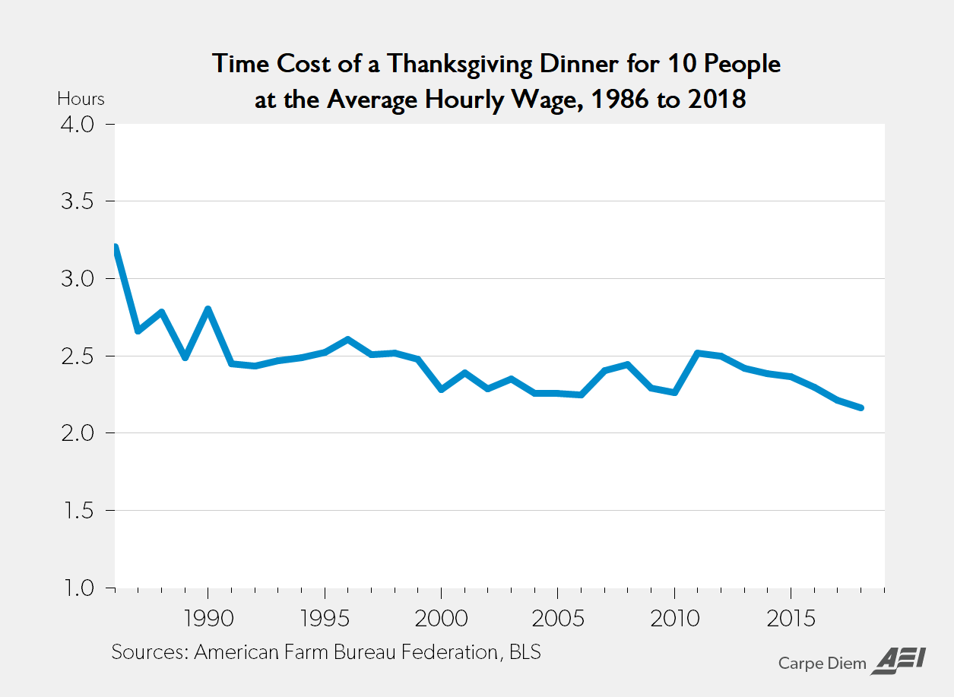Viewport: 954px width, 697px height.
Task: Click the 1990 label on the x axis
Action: click(208, 617)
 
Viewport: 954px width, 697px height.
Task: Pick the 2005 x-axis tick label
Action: click(558, 617)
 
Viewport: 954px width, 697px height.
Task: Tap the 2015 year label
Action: click(791, 617)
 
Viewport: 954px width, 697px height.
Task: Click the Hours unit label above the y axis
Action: click(81, 99)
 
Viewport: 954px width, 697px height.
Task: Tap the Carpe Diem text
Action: click(822, 663)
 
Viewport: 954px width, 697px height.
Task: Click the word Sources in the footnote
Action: click(149, 652)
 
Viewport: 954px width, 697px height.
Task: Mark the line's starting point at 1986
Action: click(116, 247)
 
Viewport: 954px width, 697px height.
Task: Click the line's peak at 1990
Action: click(208, 309)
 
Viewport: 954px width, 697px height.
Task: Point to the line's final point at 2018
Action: click(861, 408)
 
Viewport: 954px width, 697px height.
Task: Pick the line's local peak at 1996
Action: click(347, 339)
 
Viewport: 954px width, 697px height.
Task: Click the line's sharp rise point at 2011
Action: click(698, 353)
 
